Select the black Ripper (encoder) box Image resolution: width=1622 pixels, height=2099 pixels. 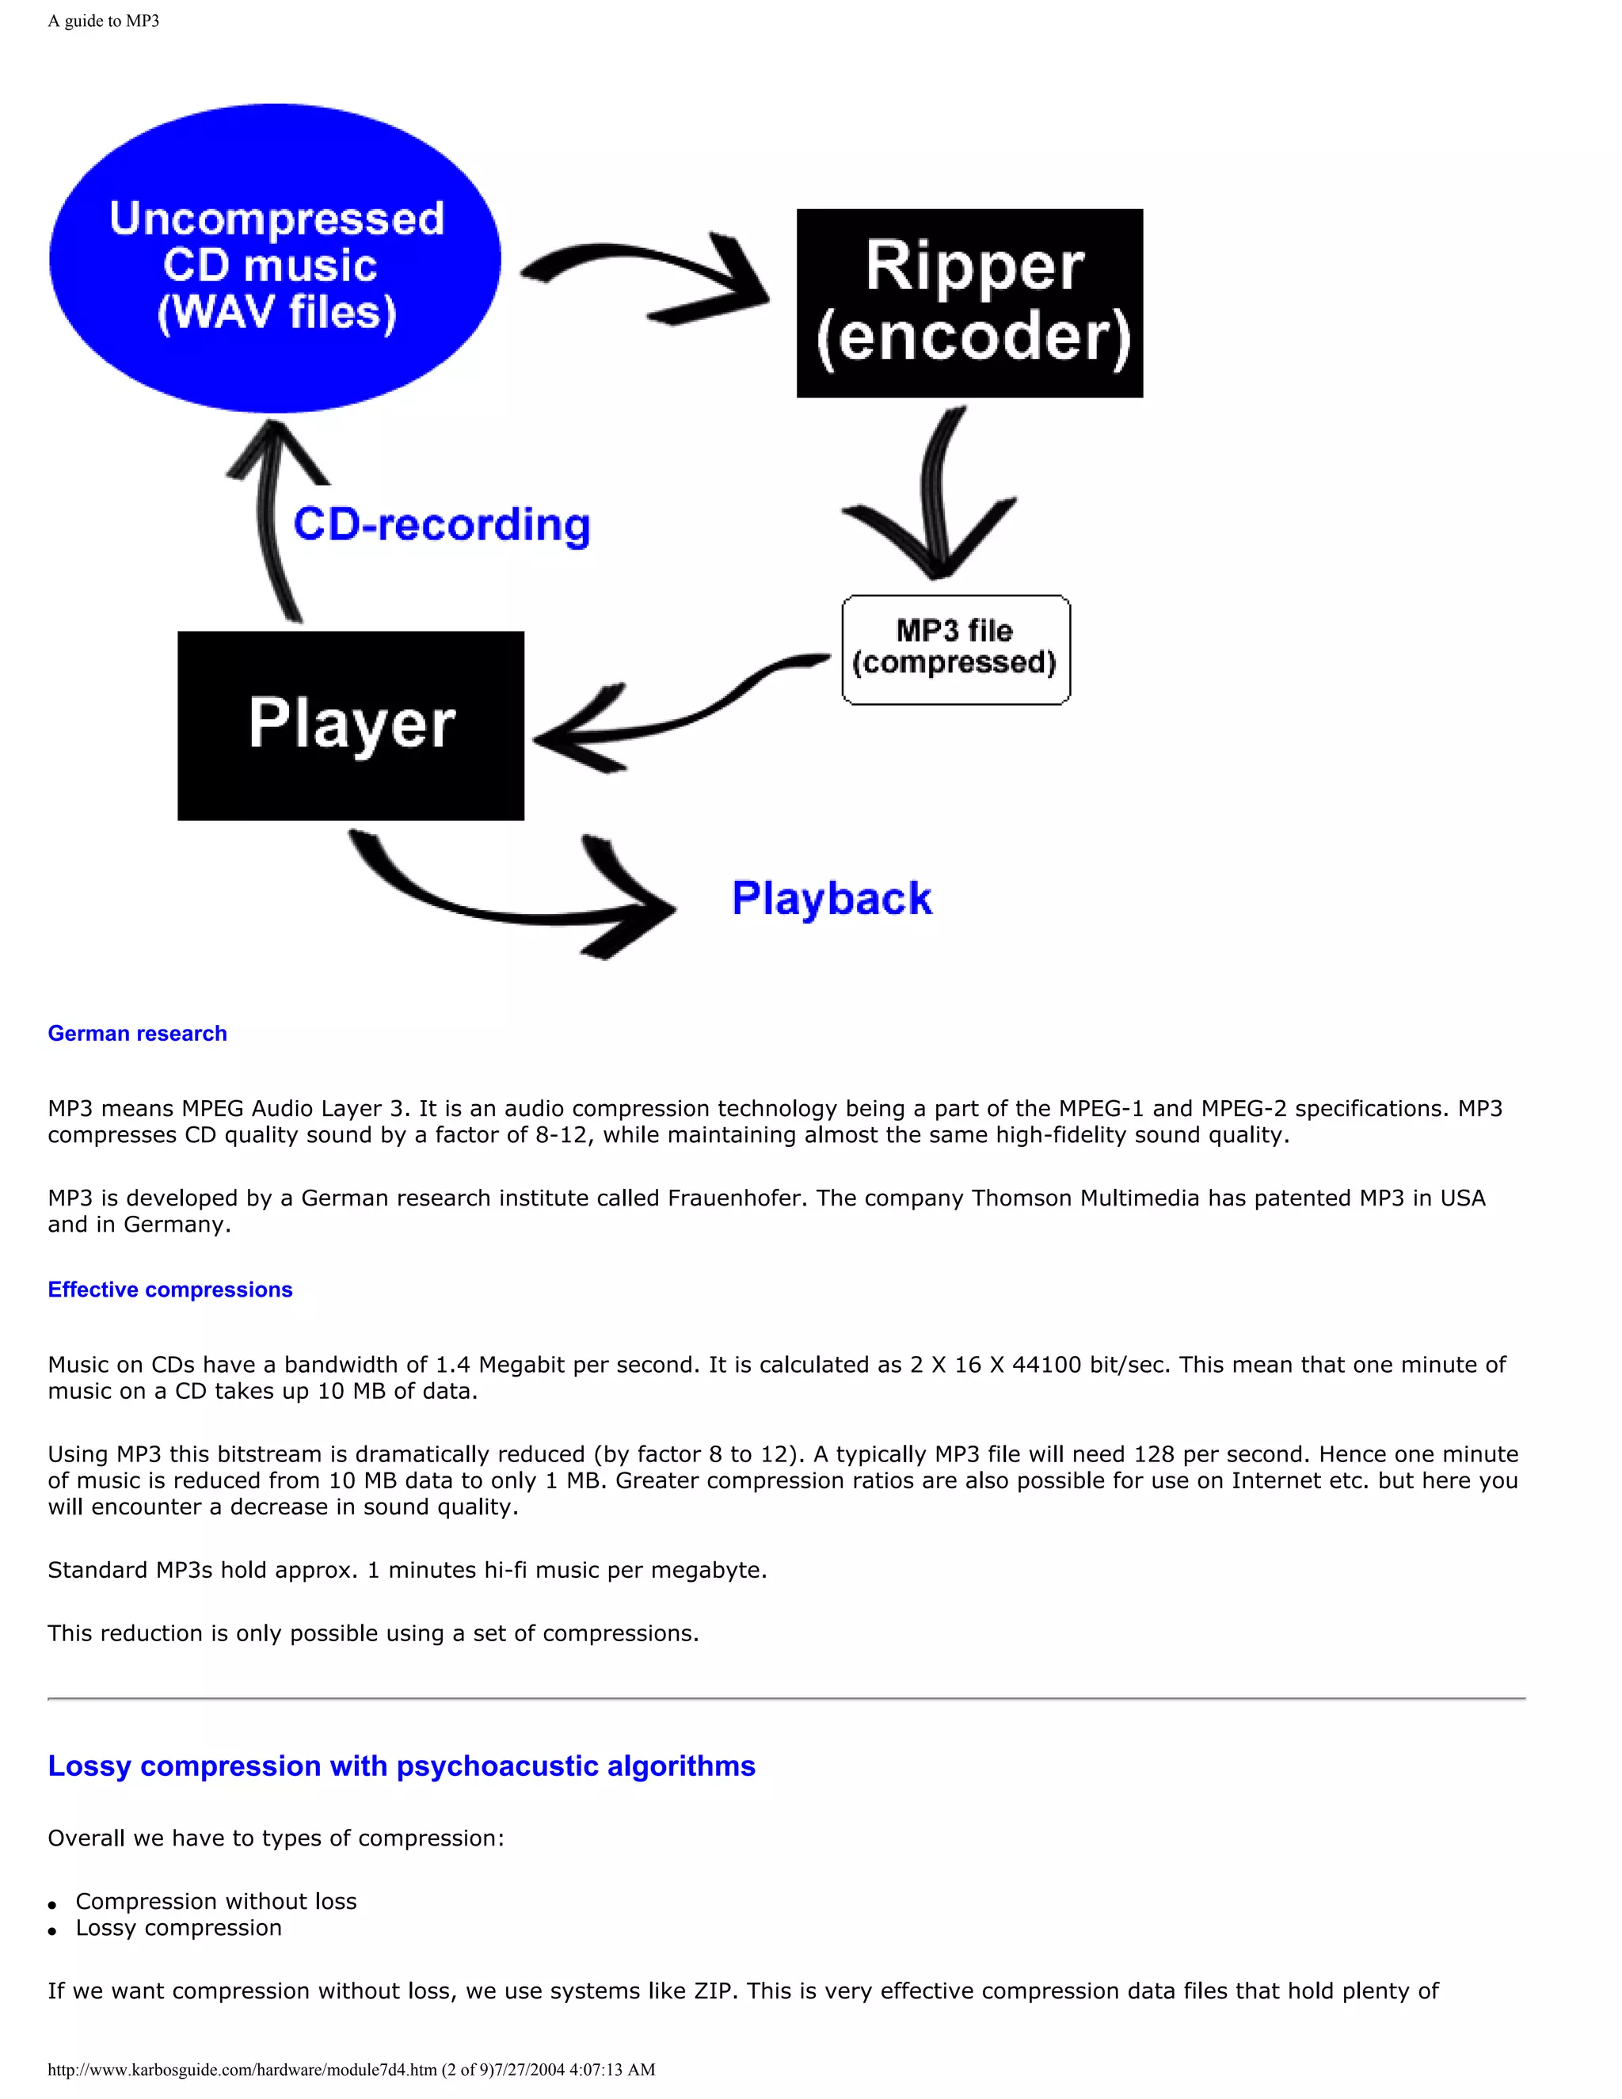[x=969, y=303]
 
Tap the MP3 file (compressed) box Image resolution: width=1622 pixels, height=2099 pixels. [x=955, y=649]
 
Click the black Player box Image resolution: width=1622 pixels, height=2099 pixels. [x=351, y=726]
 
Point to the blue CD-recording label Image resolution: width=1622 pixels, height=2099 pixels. [x=441, y=524]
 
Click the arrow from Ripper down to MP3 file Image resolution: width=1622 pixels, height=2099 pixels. [x=937, y=500]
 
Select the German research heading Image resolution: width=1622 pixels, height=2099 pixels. [x=137, y=1033]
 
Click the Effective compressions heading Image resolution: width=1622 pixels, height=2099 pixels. [x=170, y=1289]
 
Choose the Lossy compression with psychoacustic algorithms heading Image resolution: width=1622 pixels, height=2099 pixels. [x=402, y=1766]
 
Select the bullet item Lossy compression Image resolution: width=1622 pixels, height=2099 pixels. [x=179, y=1928]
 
